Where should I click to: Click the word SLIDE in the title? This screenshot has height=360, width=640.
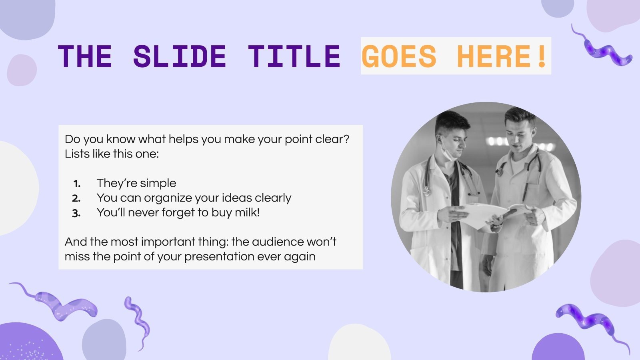pyautogui.click(x=180, y=56)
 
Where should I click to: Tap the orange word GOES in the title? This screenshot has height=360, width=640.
pyautogui.click(x=399, y=56)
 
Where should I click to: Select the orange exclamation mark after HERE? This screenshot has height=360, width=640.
pyautogui.click(x=542, y=56)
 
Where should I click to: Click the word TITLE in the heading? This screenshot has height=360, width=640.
pyautogui.click(x=294, y=56)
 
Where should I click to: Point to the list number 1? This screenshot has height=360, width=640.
pyautogui.click(x=76, y=184)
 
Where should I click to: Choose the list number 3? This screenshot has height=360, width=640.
pyautogui.click(x=76, y=213)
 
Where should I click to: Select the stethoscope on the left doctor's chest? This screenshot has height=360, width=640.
pyautogui.click(x=427, y=176)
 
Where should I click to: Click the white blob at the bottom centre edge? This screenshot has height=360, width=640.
pyautogui.click(x=359, y=344)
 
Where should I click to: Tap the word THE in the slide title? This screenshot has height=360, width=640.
pyautogui.click(x=85, y=56)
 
